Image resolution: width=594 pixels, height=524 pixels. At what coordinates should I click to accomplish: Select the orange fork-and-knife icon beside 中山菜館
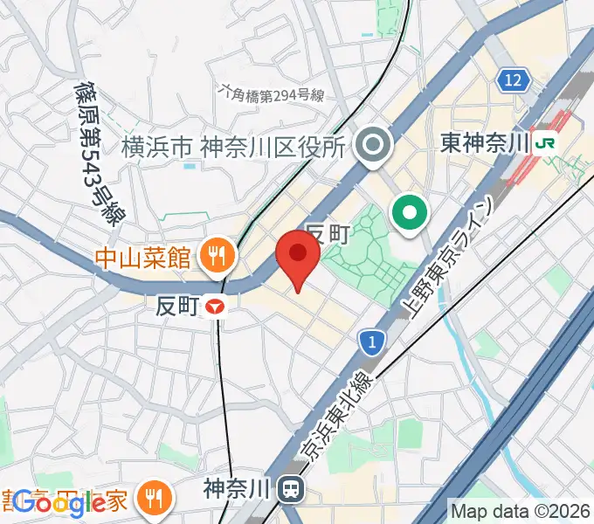click(x=215, y=255)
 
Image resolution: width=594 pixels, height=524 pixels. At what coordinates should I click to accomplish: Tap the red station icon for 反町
click(x=215, y=307)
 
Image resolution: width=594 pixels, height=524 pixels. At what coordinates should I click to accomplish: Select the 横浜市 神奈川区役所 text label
click(x=233, y=147)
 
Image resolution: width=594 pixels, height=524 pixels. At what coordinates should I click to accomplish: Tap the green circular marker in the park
click(x=409, y=211)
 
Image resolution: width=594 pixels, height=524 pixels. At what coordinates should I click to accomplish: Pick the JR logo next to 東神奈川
click(x=548, y=141)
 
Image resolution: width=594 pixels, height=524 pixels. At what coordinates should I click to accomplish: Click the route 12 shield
click(x=515, y=81)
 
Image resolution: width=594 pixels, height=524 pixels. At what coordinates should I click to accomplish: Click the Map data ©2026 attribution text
click(x=520, y=511)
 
